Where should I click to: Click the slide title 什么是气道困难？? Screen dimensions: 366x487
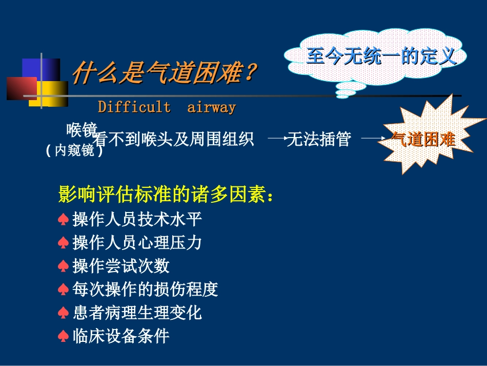pyautogui.click(x=163, y=73)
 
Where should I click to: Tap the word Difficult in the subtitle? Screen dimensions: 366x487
pyautogui.click(x=134, y=107)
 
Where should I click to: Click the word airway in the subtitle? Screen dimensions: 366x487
pyautogui.click(x=211, y=107)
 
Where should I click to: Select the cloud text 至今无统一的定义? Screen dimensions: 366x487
pyautogui.click(x=381, y=56)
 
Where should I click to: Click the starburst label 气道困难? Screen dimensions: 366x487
pyautogui.click(x=423, y=139)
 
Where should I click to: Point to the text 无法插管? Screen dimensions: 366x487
pyautogui.click(x=319, y=139)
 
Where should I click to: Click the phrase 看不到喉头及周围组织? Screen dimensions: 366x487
pyautogui.click(x=174, y=139)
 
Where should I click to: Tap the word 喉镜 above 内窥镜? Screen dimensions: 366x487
pyautogui.click(x=81, y=130)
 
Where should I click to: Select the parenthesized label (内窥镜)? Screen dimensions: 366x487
pyautogui.click(x=74, y=151)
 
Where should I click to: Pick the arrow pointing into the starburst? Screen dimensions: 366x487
pyautogui.click(x=372, y=139)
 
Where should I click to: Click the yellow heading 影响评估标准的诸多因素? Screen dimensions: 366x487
pyautogui.click(x=166, y=195)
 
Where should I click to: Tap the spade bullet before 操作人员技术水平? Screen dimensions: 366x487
pyautogui.click(x=63, y=220)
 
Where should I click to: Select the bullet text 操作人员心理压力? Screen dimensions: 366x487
pyautogui.click(x=137, y=242)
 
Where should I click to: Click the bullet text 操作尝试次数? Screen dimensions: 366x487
pyautogui.click(x=121, y=266)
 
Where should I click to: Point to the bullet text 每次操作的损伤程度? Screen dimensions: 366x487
pyautogui.click(x=145, y=290)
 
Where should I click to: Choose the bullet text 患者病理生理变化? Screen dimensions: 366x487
pyautogui.click(x=137, y=313)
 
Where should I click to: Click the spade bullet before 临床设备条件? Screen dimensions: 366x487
pyautogui.click(x=63, y=337)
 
